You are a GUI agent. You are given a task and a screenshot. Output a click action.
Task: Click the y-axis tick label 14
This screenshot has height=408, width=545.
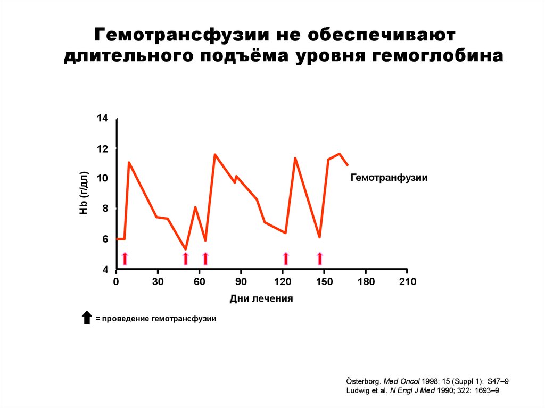[x=102, y=118]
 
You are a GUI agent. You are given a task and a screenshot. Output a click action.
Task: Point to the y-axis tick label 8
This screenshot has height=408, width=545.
[x=105, y=209]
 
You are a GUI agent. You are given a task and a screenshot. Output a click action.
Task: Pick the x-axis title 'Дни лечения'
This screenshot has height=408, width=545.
[x=261, y=298]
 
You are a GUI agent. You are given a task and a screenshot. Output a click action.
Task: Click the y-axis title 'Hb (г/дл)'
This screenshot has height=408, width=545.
[x=84, y=194]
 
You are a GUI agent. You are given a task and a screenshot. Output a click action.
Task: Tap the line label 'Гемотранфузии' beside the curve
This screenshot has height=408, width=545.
[x=389, y=178]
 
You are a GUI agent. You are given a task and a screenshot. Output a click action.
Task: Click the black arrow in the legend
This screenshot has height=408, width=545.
[x=87, y=318]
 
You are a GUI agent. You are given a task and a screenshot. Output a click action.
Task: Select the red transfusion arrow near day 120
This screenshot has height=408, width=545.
[x=286, y=259]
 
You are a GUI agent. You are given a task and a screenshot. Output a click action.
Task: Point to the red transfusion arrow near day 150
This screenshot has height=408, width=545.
[x=320, y=259]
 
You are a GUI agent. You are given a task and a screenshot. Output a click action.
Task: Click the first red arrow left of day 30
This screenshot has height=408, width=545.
[x=125, y=259]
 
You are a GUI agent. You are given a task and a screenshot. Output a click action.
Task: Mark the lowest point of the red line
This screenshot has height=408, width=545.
[x=185, y=249]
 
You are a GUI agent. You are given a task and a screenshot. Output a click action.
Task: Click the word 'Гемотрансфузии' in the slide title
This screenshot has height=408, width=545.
[x=180, y=36]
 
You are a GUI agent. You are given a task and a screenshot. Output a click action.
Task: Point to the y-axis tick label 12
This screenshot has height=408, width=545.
[x=102, y=148]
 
